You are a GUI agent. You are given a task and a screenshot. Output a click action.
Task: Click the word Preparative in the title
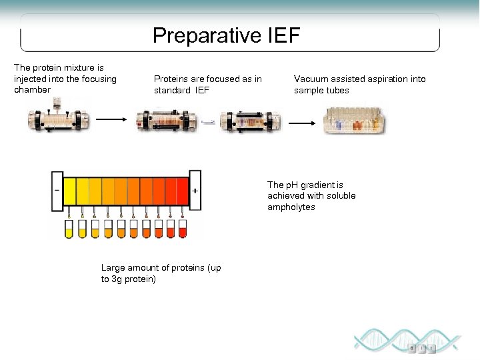click(207, 35)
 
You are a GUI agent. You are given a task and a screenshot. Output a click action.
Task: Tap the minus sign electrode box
click(57, 190)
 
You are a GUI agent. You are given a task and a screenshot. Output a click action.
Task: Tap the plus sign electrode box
click(195, 190)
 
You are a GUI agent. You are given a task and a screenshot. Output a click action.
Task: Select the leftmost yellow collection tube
click(69, 229)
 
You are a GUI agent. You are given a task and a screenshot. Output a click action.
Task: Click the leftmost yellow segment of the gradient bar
click(70, 191)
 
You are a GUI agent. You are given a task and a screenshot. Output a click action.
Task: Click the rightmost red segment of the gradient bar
click(183, 191)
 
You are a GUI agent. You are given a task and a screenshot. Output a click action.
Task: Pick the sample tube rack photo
click(354, 119)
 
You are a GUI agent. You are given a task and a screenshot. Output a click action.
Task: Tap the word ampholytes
click(291, 207)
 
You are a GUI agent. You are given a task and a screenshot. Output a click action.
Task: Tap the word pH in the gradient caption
click(291, 185)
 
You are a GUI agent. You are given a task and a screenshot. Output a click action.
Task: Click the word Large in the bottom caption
click(113, 268)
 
